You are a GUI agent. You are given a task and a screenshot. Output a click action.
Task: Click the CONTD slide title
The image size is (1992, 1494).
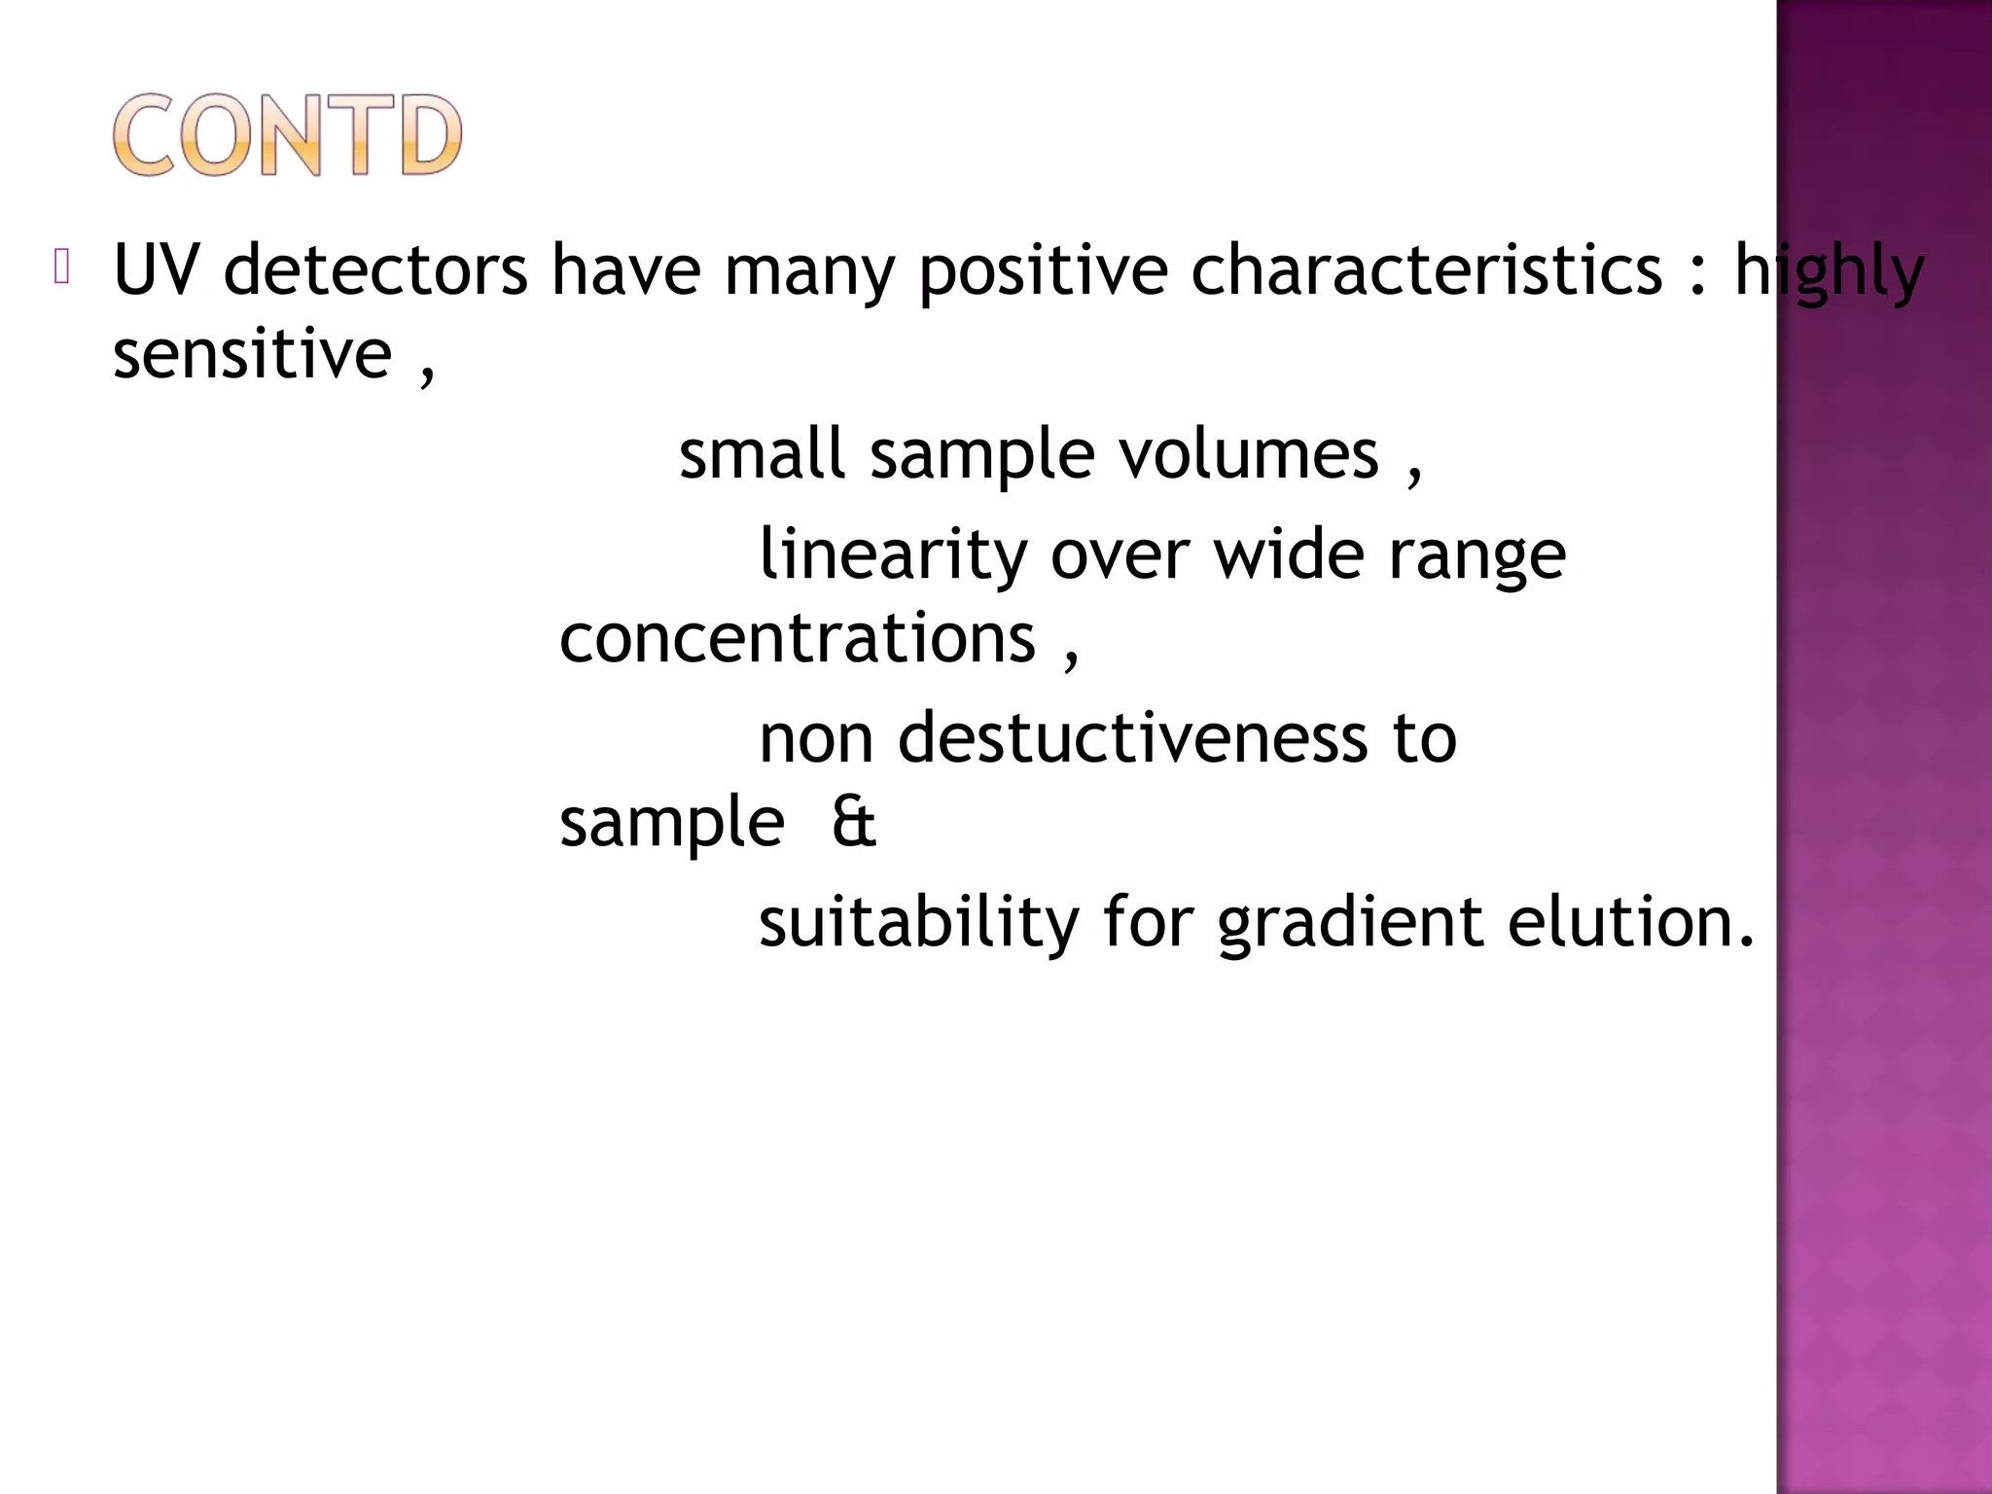point(287,135)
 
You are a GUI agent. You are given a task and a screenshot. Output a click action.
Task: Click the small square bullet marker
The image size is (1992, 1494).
point(61,267)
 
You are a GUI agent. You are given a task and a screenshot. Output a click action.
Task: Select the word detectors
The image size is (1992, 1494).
point(375,269)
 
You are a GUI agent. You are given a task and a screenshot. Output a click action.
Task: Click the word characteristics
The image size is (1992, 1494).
point(1427,269)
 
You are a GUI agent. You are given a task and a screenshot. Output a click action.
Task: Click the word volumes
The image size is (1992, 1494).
point(1249,454)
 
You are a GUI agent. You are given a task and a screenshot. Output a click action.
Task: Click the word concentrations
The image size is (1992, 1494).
point(798,639)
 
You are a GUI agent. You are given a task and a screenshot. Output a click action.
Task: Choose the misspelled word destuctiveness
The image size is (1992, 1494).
point(1132,737)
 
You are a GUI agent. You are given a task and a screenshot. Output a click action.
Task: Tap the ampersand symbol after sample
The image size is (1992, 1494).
point(853,822)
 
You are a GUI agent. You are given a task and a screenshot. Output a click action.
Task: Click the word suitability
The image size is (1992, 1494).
point(918,922)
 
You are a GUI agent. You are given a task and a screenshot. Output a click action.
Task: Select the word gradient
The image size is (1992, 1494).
point(1350,922)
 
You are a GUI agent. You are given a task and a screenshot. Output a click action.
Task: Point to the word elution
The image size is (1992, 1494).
point(1630,921)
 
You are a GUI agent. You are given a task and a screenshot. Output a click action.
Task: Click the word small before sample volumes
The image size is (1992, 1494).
point(762,454)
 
